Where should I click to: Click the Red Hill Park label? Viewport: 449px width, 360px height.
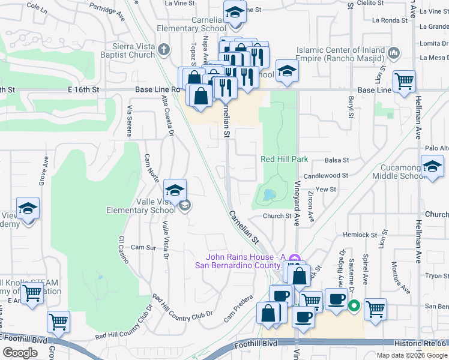click(x=285, y=159)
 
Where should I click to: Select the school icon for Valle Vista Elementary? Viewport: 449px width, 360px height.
click(x=175, y=191)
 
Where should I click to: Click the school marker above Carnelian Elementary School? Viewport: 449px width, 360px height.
click(x=234, y=11)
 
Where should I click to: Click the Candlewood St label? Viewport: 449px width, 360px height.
click(x=326, y=176)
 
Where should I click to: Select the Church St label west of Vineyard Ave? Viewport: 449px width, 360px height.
click(x=277, y=216)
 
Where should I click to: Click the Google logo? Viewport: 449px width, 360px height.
click(x=20, y=353)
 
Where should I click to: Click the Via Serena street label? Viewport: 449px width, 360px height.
click(x=128, y=120)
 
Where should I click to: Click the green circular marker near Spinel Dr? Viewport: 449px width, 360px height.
click(x=354, y=306)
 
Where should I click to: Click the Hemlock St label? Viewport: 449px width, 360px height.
click(x=360, y=235)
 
